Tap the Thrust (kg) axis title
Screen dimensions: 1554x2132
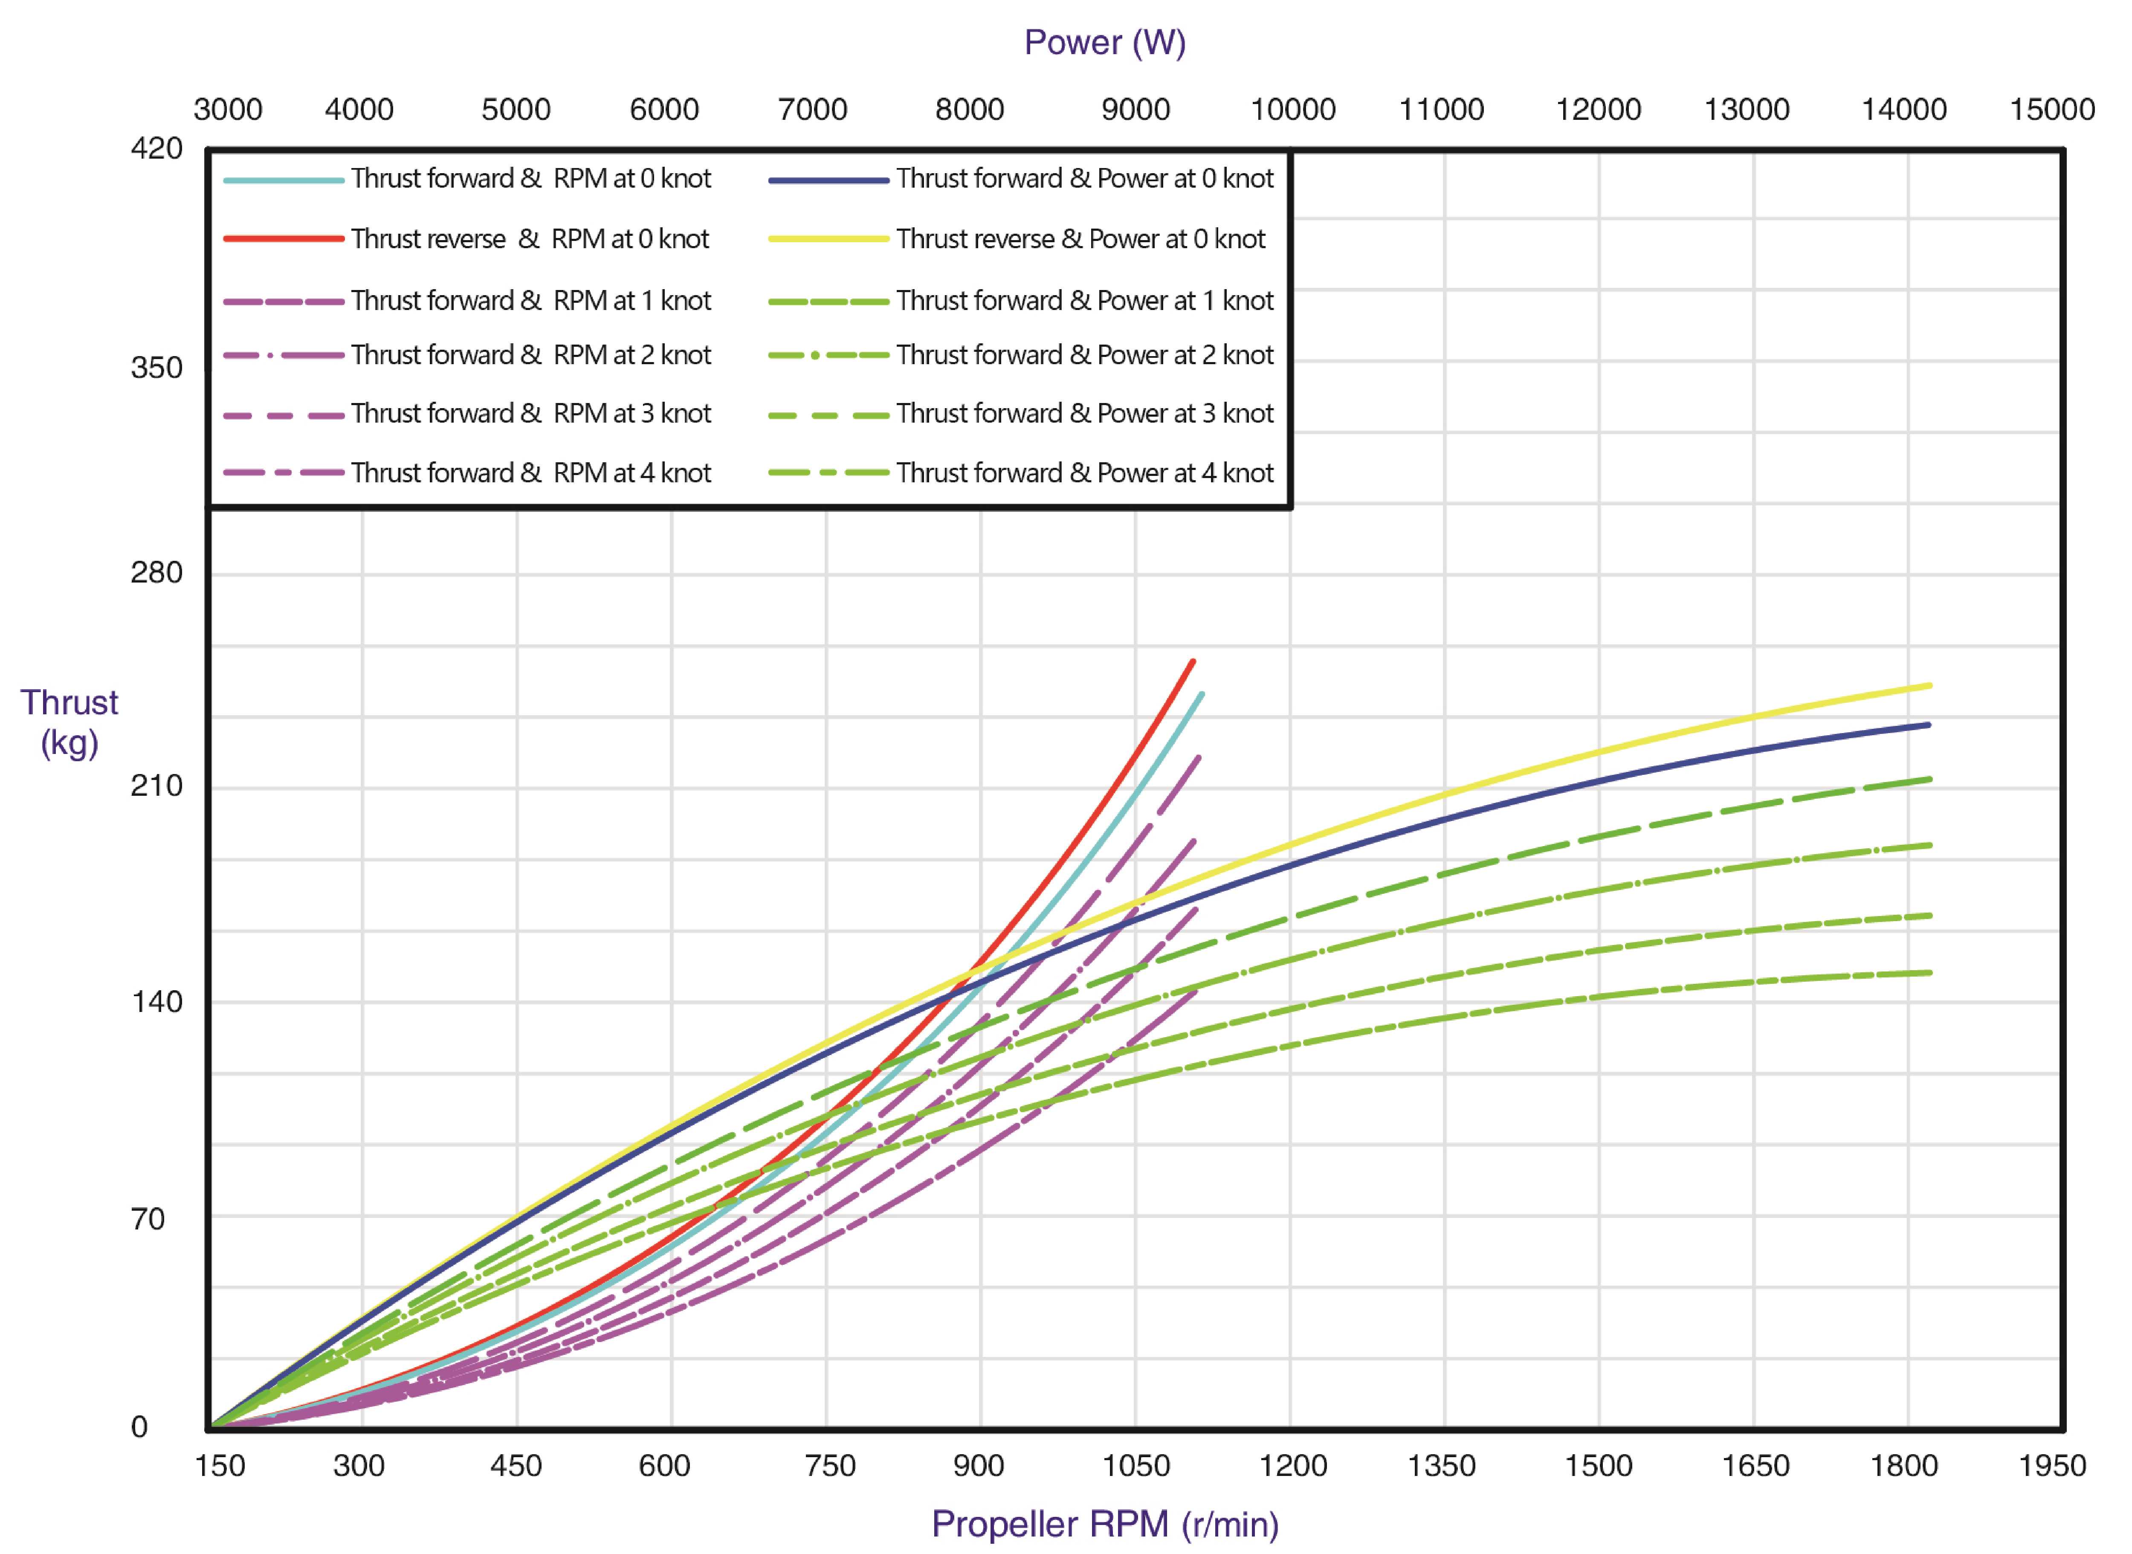coord(70,722)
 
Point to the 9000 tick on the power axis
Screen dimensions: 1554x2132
coord(1135,109)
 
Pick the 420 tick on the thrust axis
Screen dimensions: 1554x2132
coord(156,149)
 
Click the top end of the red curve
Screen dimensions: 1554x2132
coord(1193,661)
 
